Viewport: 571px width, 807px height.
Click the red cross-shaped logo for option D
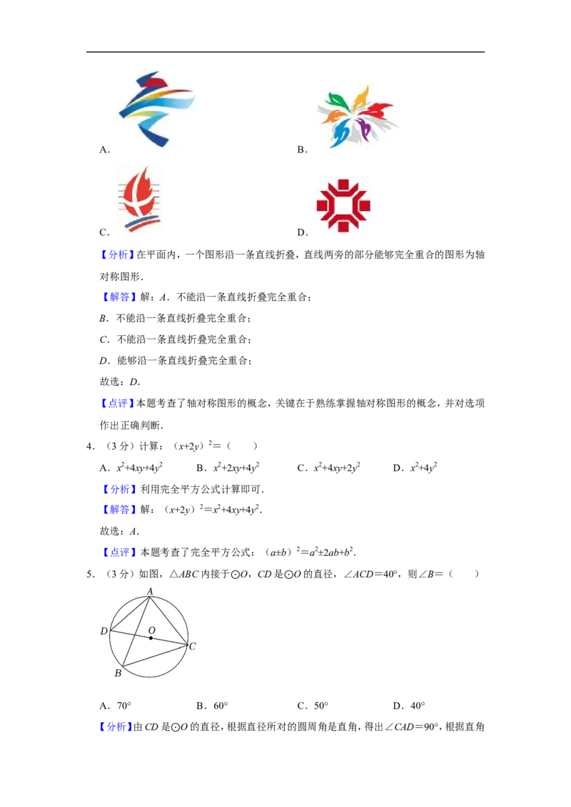[343, 205]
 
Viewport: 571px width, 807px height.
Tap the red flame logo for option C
[138, 200]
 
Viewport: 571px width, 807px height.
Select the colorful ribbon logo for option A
[156, 110]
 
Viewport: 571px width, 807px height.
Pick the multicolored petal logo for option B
[357, 117]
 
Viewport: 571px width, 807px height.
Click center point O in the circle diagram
[151, 638]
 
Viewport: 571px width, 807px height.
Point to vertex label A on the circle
[150, 592]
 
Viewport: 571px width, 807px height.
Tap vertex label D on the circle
[104, 631]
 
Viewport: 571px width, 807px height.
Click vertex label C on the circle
[192, 646]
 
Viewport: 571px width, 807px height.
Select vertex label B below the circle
[118, 673]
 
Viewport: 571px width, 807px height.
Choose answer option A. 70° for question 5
[116, 706]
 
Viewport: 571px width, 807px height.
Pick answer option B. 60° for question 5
[212, 706]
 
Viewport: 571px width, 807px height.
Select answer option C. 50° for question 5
[313, 706]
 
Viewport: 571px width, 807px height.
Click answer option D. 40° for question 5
[409, 706]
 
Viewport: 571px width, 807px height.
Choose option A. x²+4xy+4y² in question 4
[131, 468]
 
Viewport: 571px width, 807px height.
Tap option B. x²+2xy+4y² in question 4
[228, 468]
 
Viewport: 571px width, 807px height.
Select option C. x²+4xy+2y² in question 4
[329, 468]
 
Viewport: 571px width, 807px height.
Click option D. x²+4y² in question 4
[415, 468]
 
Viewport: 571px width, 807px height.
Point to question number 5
[91, 574]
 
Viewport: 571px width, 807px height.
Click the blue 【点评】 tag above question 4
[117, 403]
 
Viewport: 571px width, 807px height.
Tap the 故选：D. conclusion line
[120, 382]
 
